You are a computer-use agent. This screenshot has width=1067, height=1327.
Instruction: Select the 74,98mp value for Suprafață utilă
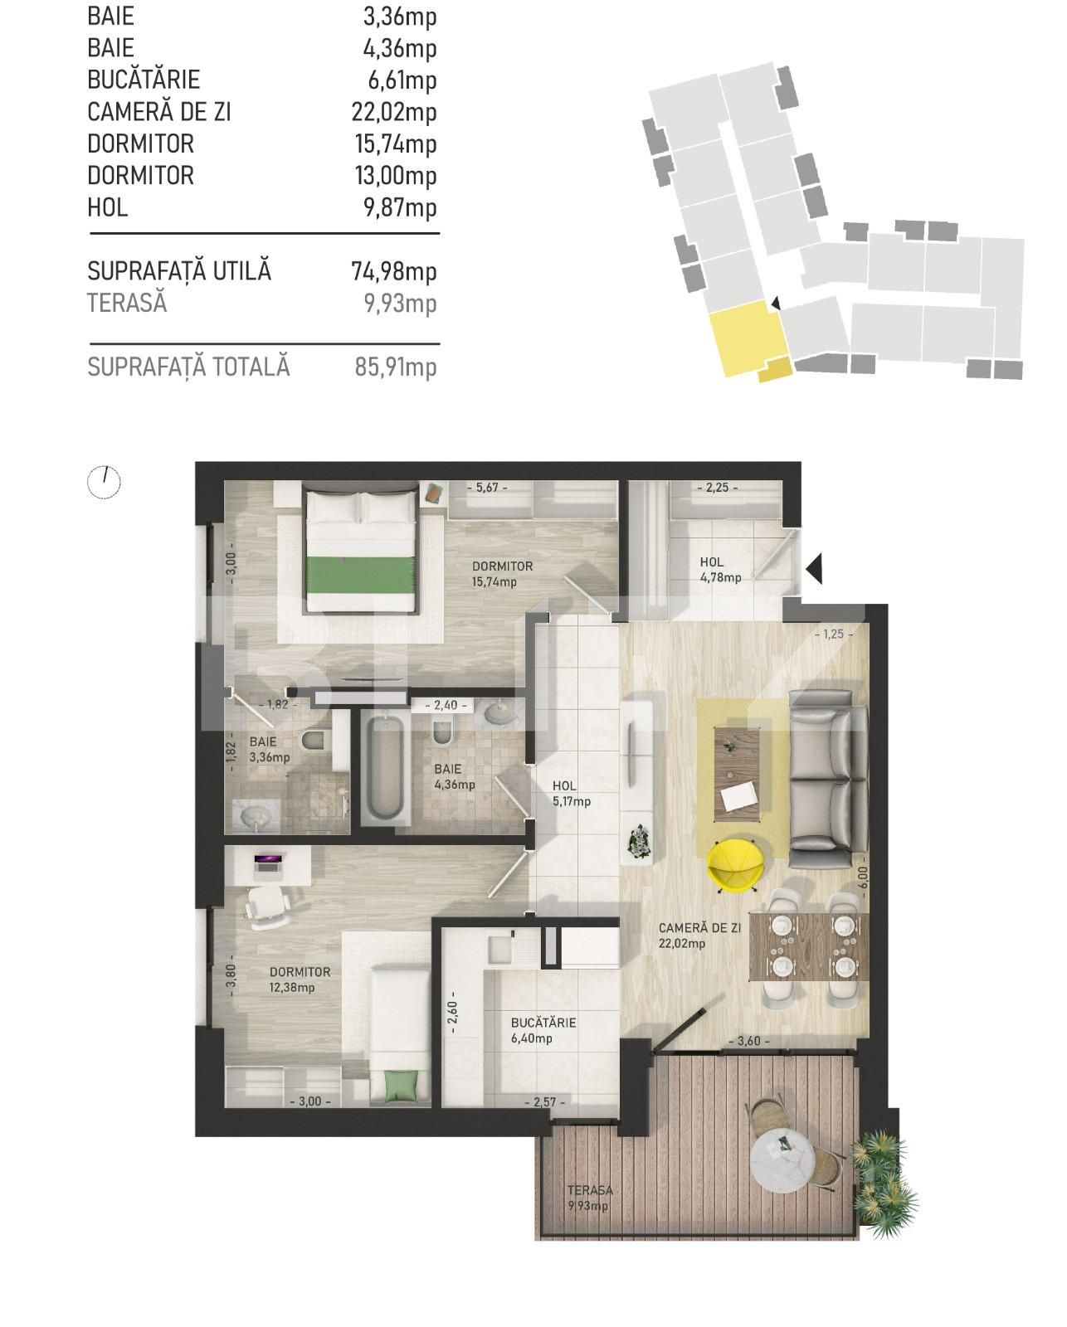click(x=395, y=271)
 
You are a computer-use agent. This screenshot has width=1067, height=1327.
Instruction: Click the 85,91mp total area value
click(x=395, y=366)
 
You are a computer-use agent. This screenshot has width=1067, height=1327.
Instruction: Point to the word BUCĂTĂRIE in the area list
click(x=144, y=80)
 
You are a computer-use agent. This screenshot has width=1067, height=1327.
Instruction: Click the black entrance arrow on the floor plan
click(x=814, y=567)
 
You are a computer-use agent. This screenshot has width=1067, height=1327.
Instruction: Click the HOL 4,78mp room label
click(x=719, y=570)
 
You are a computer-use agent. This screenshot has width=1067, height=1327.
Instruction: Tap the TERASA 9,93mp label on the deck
click(x=589, y=1198)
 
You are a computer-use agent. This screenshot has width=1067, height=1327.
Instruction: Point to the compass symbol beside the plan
click(x=104, y=481)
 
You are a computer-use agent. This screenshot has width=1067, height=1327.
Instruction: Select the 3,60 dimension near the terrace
click(x=748, y=1041)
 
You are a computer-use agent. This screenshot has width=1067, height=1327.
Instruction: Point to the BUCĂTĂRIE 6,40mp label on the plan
click(x=543, y=1030)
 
